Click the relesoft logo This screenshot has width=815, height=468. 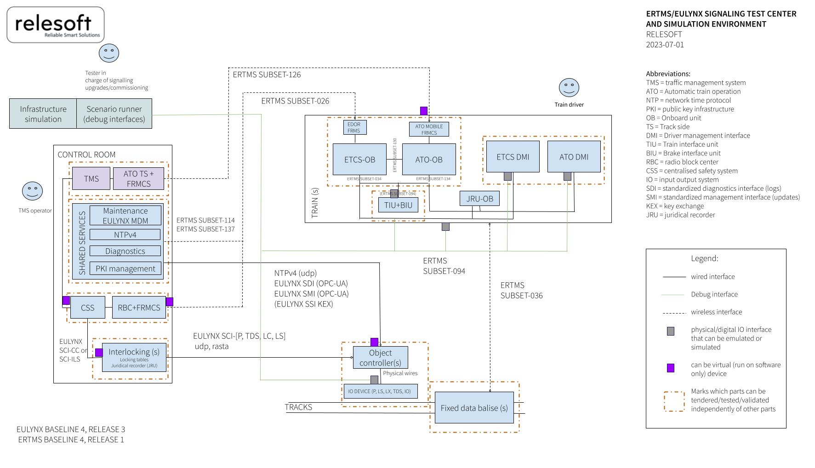click(56, 25)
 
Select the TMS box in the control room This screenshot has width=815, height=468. click(91, 178)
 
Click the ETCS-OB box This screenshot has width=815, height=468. click(360, 160)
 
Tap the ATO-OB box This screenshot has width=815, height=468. click(429, 160)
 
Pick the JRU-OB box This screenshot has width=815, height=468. click(479, 199)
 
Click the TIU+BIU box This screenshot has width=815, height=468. click(399, 205)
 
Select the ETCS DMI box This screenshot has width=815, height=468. click(513, 157)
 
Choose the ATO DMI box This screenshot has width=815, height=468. click(574, 157)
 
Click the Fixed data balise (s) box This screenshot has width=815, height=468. click(474, 408)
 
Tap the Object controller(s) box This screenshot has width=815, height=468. click(380, 358)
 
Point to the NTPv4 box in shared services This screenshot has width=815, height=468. click(125, 235)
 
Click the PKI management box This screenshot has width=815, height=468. click(125, 268)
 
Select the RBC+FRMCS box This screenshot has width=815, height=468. click(139, 308)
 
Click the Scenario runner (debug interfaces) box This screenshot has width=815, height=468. click(114, 114)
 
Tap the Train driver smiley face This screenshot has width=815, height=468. click(569, 87)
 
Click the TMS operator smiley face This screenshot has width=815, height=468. click(32, 191)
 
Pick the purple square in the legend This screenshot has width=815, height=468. click(671, 368)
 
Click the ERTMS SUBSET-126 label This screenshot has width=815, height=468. click(267, 74)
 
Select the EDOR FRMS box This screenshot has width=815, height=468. click(354, 127)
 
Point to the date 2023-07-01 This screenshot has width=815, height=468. click(665, 45)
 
